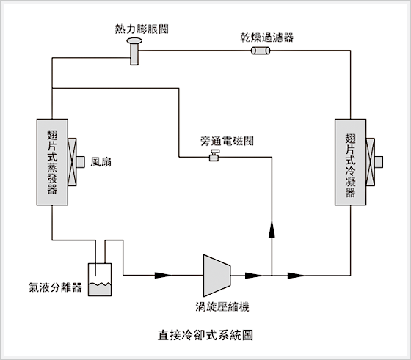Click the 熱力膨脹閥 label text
click(x=142, y=29)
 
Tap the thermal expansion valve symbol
click(x=134, y=51)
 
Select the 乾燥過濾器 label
click(x=267, y=37)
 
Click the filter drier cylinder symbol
click(x=261, y=51)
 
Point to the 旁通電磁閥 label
click(x=227, y=141)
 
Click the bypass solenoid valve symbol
click(x=214, y=155)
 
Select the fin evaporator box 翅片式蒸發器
click(x=52, y=162)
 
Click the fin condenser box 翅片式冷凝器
click(x=351, y=162)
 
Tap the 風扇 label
click(x=101, y=162)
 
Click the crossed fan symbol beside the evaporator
click(x=72, y=162)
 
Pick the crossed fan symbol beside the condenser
click(x=371, y=162)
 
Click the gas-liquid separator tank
click(x=100, y=279)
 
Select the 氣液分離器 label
click(x=55, y=287)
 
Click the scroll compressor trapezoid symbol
click(x=217, y=276)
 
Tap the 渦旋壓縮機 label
click(x=222, y=306)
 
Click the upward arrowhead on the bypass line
click(x=272, y=229)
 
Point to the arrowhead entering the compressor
click(x=163, y=276)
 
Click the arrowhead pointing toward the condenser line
click(x=297, y=276)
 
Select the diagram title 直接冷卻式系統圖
click(x=205, y=335)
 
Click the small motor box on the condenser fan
click(x=379, y=162)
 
